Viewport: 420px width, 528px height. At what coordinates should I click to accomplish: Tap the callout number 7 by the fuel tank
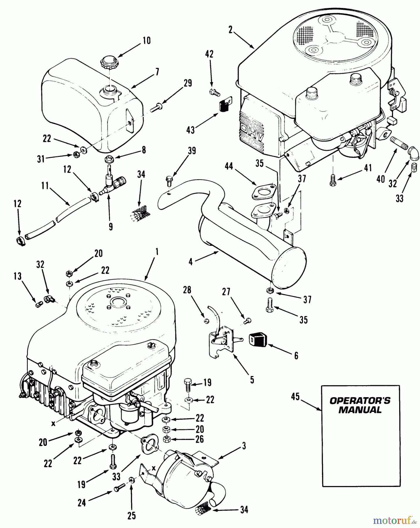click(x=157, y=71)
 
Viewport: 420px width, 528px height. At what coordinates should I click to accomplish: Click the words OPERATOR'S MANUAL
click(x=360, y=405)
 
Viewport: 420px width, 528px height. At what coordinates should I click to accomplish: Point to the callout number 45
click(x=295, y=397)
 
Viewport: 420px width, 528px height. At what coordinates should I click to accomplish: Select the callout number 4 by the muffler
click(x=191, y=262)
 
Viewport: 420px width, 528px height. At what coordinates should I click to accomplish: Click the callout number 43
click(x=191, y=130)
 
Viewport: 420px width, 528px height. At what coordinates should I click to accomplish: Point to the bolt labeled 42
click(x=215, y=93)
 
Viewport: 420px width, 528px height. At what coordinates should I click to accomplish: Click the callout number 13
click(x=17, y=276)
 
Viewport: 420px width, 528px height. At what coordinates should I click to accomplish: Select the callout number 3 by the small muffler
click(x=244, y=446)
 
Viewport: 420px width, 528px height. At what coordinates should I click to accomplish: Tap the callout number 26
click(x=200, y=439)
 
